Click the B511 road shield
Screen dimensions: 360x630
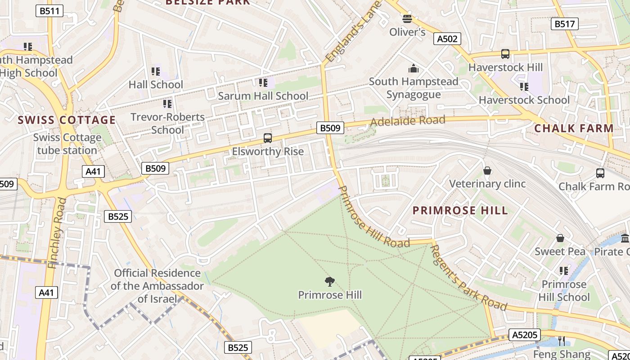tap(49, 11)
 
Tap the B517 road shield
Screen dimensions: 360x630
tap(564, 24)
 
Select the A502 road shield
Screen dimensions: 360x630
tap(447, 39)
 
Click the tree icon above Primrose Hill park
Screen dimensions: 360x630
tap(330, 282)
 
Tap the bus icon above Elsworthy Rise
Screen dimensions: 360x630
tap(268, 138)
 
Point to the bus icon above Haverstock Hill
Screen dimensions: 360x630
tap(505, 54)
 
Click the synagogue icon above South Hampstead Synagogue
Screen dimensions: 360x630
tap(413, 68)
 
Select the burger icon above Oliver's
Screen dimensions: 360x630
tap(407, 19)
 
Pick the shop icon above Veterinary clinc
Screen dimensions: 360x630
tap(487, 171)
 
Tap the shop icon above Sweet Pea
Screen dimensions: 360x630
tap(560, 238)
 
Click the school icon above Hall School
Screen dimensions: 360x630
tap(156, 71)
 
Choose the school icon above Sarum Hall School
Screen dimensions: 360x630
tap(263, 82)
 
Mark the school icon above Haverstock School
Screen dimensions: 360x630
tap(524, 86)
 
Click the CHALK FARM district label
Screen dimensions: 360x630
tap(574, 128)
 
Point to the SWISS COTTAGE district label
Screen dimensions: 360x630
tap(67, 120)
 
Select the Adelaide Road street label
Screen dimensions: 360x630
tap(408, 121)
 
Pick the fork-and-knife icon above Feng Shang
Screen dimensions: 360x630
tap(561, 341)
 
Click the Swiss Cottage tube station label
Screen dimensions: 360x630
tap(67, 144)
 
